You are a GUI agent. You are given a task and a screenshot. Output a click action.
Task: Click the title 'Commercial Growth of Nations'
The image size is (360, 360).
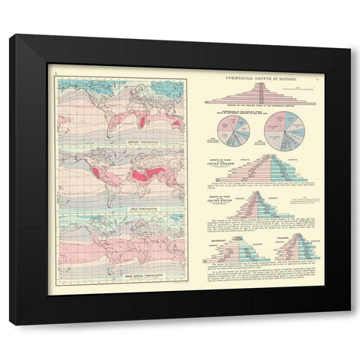tap(258, 77)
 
